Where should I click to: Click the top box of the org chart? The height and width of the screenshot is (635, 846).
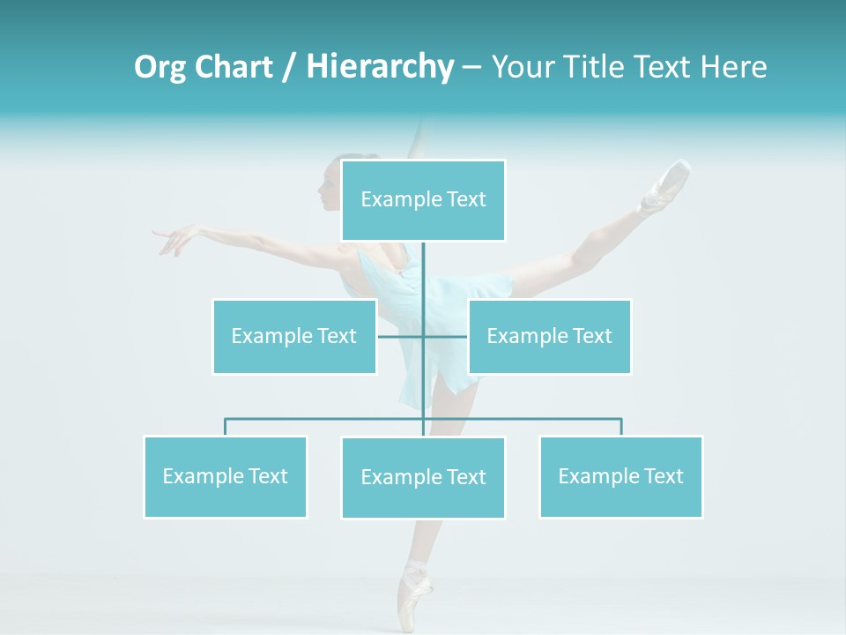pyautogui.click(x=423, y=200)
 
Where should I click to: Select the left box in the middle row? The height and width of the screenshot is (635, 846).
pyautogui.click(x=294, y=336)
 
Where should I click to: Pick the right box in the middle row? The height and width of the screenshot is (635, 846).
pyautogui.click(x=549, y=336)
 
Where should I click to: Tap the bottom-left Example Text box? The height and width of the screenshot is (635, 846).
pyautogui.click(x=226, y=476)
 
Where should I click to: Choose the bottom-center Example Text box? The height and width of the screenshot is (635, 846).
pyautogui.click(x=423, y=477)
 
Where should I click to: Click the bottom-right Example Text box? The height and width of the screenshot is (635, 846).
pyautogui.click(x=620, y=476)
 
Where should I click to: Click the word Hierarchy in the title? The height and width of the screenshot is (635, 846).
pyautogui.click(x=379, y=67)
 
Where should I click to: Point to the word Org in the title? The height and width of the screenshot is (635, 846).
pyautogui.click(x=160, y=67)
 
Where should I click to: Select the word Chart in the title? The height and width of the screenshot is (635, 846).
pyautogui.click(x=231, y=67)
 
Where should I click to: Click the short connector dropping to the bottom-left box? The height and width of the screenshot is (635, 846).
pyautogui.click(x=226, y=427)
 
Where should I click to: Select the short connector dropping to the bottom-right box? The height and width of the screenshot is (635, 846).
pyautogui.click(x=621, y=427)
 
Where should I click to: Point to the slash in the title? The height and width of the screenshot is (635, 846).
pyautogui.click(x=289, y=67)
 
